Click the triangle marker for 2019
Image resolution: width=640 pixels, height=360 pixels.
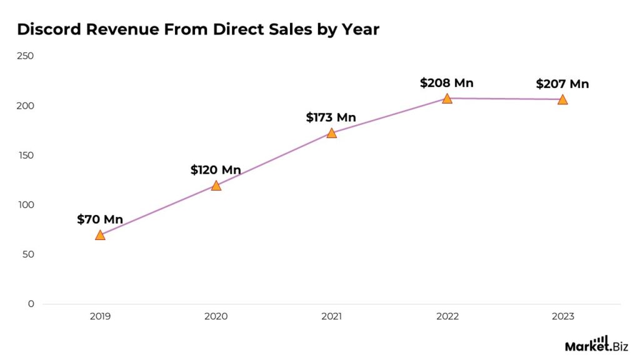100,235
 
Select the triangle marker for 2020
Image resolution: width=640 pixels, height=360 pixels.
216,186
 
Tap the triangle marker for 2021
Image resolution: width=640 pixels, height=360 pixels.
331,133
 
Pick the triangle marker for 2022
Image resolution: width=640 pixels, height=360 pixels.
447,99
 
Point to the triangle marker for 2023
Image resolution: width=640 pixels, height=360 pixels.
562,99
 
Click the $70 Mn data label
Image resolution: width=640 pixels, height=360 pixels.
100,219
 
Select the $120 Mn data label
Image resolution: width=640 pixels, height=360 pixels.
216,170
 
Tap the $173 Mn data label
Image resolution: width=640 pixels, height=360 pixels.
331,117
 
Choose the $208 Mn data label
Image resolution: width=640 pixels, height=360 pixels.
447,83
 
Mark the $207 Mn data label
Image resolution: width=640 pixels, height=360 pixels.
562,84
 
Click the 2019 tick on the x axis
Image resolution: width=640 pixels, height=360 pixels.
100,317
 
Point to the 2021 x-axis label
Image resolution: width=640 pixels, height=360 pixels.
331,317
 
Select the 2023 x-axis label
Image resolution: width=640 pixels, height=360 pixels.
562,317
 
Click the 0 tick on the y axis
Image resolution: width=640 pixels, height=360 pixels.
30,304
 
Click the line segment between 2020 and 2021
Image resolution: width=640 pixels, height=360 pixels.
273,159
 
